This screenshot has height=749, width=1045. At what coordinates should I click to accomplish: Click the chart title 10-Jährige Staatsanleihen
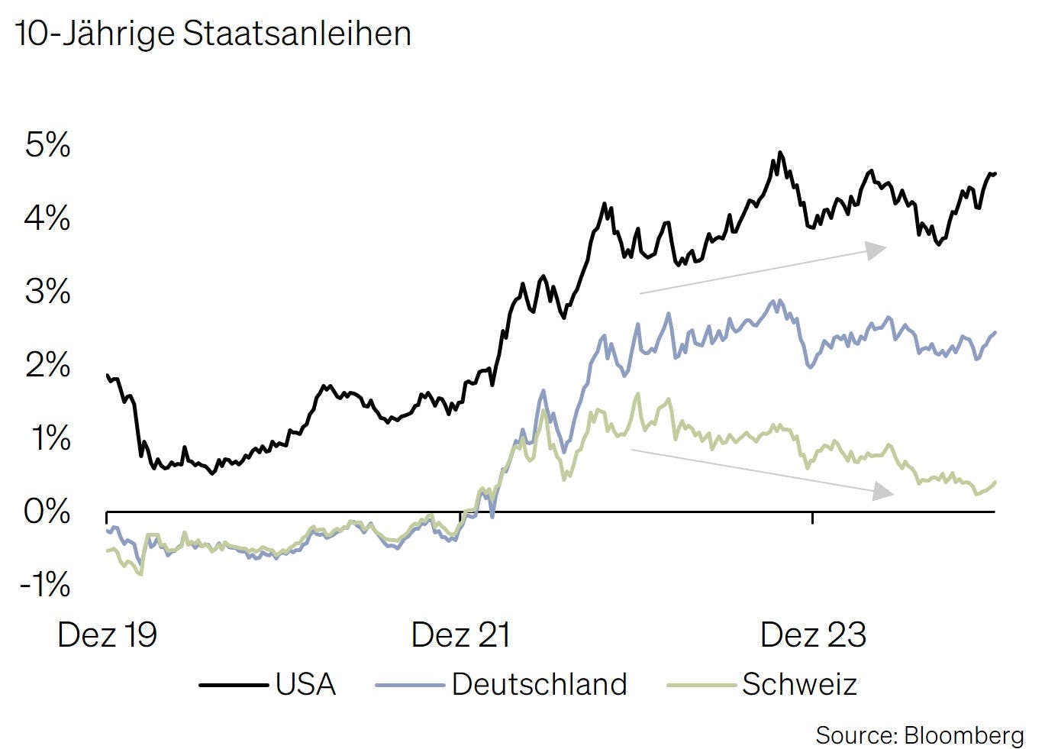coord(213,34)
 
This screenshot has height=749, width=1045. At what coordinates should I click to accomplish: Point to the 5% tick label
coord(47,145)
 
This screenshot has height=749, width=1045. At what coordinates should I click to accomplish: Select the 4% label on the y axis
coord(47,218)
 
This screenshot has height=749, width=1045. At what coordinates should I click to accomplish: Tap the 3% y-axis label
coord(47,292)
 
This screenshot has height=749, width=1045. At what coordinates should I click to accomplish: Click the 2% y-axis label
coord(47,365)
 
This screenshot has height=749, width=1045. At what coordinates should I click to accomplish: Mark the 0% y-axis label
coord(47,512)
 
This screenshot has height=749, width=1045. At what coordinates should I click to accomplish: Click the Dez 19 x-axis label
coord(107,635)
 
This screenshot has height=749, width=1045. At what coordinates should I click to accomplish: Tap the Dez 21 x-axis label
coord(460,635)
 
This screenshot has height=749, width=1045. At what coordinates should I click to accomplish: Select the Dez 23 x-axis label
coord(813,635)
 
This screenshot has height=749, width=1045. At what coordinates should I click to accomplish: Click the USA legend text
coord(305,684)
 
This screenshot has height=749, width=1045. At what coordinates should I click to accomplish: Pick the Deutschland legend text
coord(539,684)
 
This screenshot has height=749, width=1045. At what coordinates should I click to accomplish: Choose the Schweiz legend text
coord(799,684)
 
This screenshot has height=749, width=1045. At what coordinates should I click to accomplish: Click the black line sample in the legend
coord(234,685)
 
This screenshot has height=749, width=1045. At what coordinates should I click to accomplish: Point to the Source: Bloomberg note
coord(919,735)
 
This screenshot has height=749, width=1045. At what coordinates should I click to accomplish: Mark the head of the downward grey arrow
coord(884,491)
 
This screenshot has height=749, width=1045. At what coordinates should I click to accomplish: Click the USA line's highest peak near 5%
coord(779,153)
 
